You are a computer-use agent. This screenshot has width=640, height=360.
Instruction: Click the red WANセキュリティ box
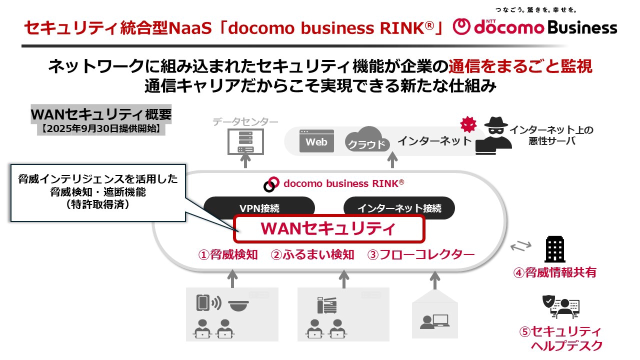328,228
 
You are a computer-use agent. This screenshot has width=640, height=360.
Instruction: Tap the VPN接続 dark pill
259,208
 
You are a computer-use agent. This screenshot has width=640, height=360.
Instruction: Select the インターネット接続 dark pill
399,208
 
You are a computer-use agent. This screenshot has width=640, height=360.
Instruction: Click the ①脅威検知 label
228,254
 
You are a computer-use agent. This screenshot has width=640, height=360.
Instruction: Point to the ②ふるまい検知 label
312,254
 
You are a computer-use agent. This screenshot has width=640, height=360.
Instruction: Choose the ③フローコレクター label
421,254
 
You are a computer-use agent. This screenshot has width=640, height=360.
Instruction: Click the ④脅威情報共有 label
554,272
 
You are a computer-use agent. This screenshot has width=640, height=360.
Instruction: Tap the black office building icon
554,249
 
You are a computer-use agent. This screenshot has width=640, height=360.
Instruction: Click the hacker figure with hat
493,133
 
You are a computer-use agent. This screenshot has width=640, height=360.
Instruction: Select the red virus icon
468,123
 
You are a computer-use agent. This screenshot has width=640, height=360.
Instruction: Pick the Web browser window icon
316,141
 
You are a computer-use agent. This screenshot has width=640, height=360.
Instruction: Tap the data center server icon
245,141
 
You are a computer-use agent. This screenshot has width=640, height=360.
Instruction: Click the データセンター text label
245,121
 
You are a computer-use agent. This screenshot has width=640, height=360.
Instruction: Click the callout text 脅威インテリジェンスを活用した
98,179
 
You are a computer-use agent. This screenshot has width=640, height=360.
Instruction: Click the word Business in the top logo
582,27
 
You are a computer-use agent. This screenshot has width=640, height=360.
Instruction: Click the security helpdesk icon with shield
560,306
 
